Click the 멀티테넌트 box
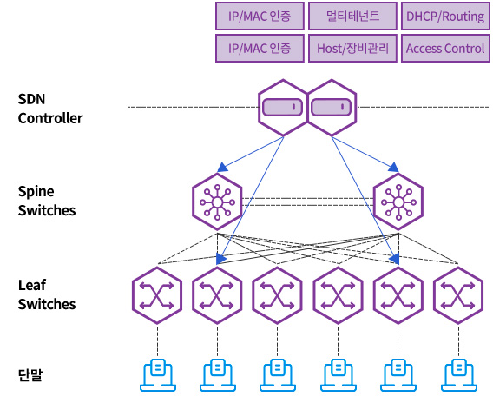coord(352,16)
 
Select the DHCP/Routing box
coord(445,16)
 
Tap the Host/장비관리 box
coord(352,48)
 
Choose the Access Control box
coord(445,48)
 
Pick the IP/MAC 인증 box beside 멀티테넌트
coord(260,16)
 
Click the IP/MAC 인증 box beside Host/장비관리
coord(260,48)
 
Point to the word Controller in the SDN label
coord(50,118)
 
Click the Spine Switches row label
coord(47,201)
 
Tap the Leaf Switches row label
coord(47,294)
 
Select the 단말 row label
coord(30,374)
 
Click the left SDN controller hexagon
coord(283,108)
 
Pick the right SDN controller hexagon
coord(332,108)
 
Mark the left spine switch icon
coord(217,202)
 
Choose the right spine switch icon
coord(398,202)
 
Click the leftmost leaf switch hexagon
coord(157,295)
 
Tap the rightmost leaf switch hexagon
coord(458,295)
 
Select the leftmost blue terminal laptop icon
coord(157,375)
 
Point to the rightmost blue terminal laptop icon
coord(459,375)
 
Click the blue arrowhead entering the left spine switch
coord(222,168)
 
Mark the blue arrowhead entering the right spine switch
coord(393,168)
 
